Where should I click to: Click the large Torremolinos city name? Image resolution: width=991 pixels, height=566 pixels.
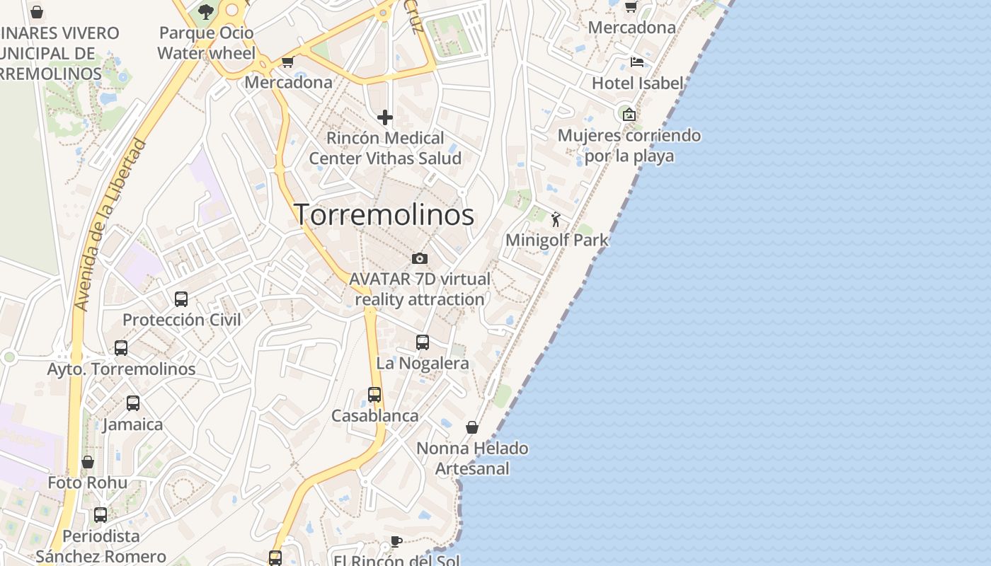(x=384, y=214)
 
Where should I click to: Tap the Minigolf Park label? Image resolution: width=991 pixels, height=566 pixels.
(x=556, y=240)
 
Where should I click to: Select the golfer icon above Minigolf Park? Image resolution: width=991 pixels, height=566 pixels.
(x=556, y=219)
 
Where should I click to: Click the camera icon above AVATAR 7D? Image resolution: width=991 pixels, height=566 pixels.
(x=420, y=258)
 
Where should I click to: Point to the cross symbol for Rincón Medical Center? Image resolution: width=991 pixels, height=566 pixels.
(x=385, y=117)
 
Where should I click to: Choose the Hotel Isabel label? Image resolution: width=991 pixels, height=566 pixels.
(x=637, y=83)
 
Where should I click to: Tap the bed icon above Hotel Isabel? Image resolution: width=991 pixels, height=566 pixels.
(x=637, y=62)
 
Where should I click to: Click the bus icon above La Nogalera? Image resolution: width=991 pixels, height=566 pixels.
(x=423, y=342)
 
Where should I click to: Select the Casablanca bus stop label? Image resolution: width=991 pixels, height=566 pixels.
(x=374, y=415)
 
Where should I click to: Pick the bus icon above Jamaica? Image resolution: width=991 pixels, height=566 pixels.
(x=133, y=403)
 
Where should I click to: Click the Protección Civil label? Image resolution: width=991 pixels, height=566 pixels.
(x=182, y=320)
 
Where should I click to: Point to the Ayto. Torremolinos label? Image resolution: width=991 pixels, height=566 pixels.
(x=121, y=369)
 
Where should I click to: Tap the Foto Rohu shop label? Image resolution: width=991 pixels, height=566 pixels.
(x=88, y=483)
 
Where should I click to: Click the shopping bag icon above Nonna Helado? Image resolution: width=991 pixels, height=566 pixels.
(x=472, y=427)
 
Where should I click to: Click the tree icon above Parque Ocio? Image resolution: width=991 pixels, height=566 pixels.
(x=206, y=11)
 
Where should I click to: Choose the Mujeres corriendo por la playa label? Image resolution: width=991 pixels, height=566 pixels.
(x=629, y=145)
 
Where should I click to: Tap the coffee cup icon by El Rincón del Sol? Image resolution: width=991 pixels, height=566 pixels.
(x=396, y=542)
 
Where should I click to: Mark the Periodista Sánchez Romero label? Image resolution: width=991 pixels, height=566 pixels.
(x=101, y=546)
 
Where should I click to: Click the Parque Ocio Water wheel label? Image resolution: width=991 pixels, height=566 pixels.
(x=206, y=42)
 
